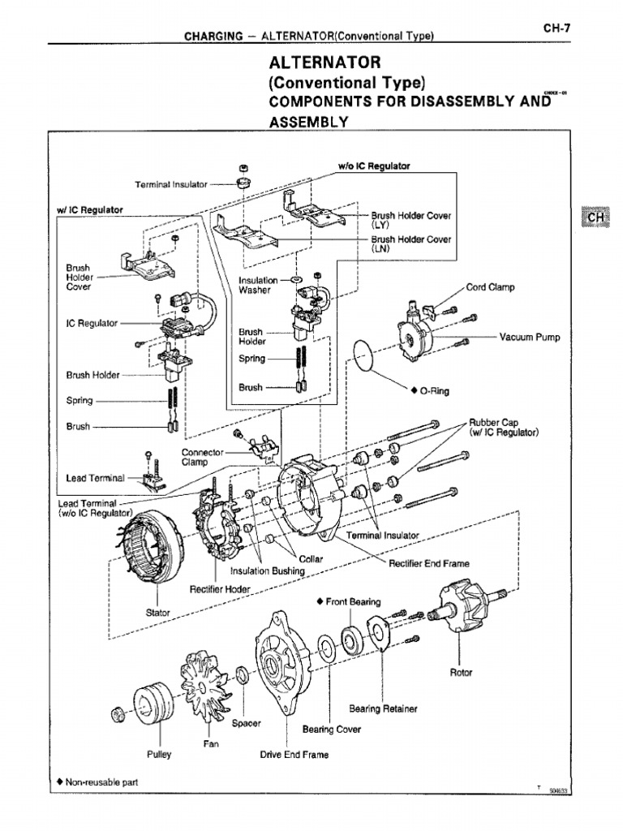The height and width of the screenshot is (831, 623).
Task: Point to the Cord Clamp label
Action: (490, 286)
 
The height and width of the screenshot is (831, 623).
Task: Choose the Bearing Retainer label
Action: (383, 708)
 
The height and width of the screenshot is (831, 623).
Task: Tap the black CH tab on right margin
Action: (595, 217)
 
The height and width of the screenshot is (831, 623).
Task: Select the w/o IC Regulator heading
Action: (374, 166)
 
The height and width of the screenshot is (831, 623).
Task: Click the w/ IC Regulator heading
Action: (89, 209)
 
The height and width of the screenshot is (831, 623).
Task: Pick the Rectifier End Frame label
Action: (429, 563)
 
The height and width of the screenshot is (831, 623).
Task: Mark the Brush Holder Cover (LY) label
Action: (411, 220)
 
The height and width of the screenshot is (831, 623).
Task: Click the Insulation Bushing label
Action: (266, 571)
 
